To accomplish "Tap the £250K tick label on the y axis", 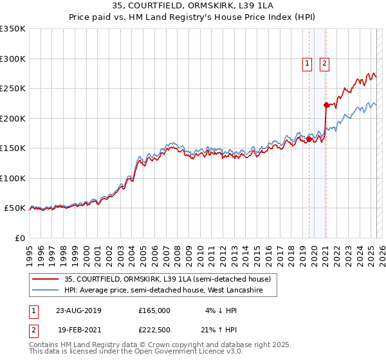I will click(13, 89).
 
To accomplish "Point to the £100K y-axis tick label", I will click(13, 178).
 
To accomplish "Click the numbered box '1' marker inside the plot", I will click(307, 63).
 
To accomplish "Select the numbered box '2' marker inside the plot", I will click(324, 63).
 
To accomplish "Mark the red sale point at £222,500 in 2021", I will click(326, 105).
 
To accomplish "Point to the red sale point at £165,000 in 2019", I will click(309, 139).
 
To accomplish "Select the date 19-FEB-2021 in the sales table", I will click(78, 330).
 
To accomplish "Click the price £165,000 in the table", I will click(154, 310).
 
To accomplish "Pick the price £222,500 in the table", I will click(154, 330).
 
